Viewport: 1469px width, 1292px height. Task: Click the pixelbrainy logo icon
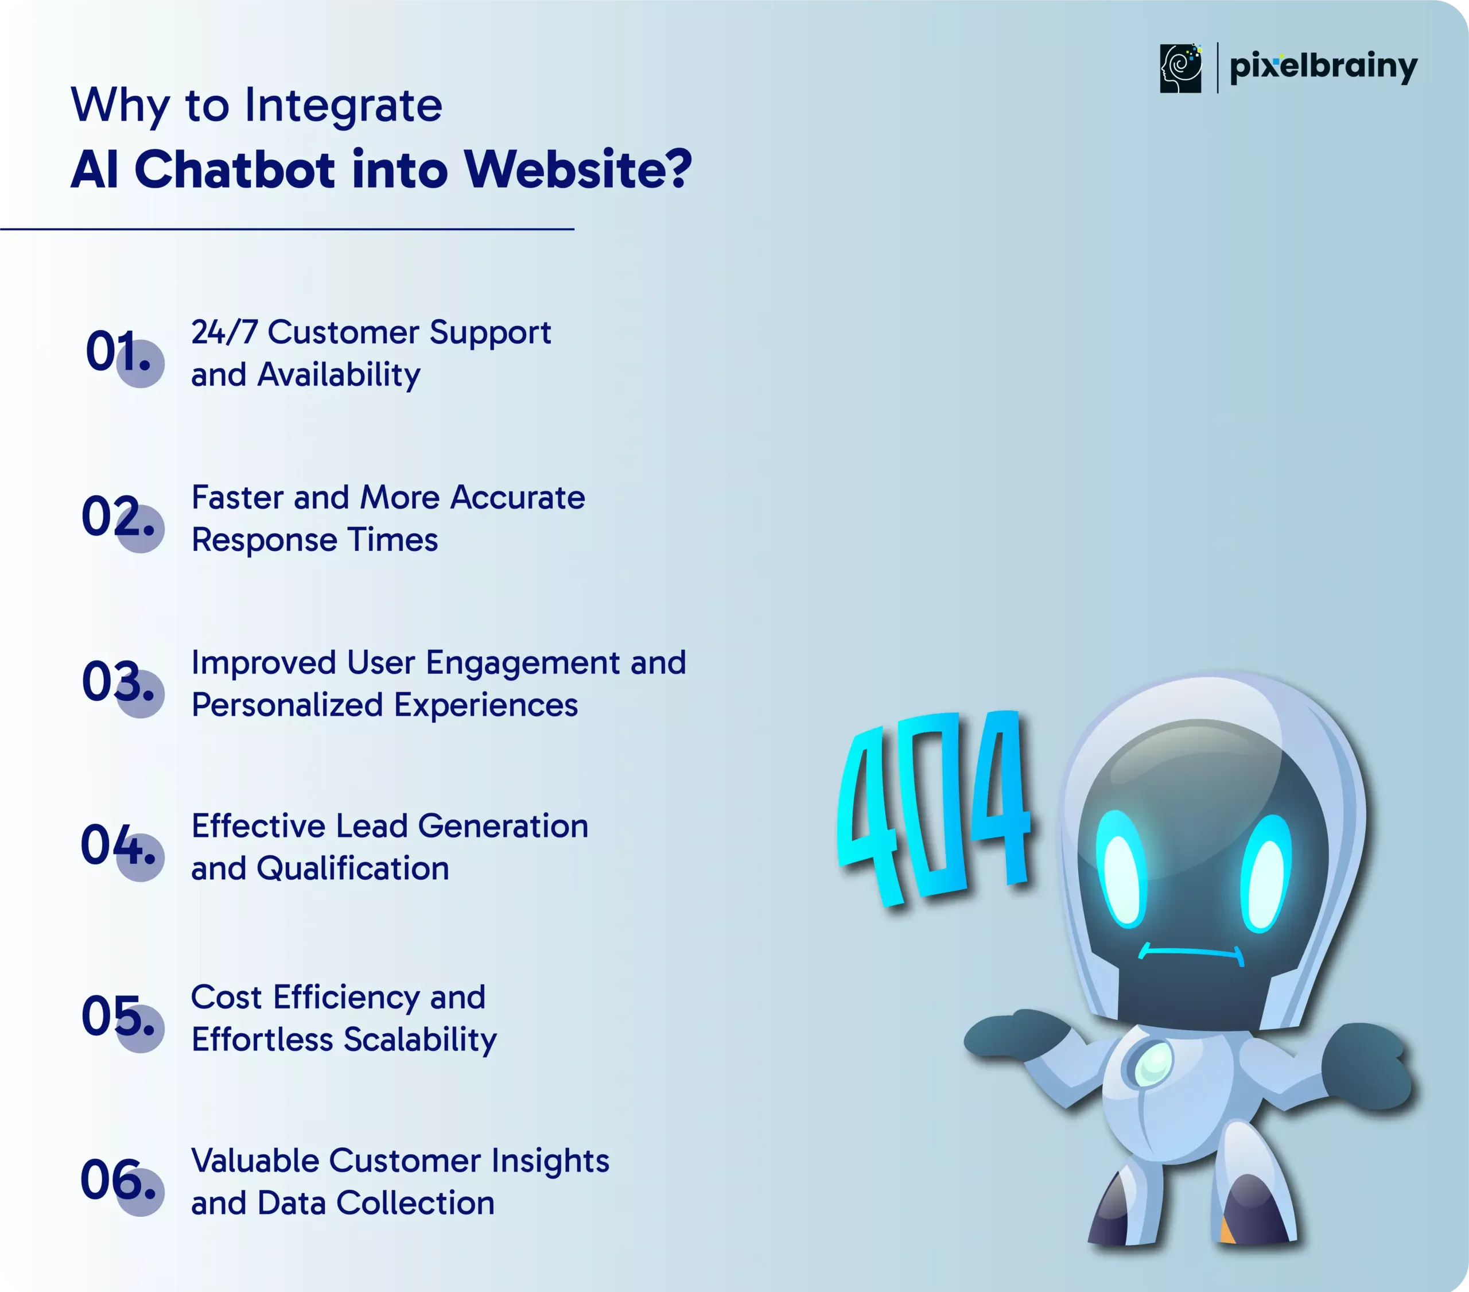coord(1180,68)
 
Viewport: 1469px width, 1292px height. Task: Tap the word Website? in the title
coord(578,170)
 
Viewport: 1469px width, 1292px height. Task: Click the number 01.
coord(119,352)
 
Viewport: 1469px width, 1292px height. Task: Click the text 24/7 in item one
coord(224,332)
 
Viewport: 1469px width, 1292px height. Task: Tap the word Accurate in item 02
coord(518,498)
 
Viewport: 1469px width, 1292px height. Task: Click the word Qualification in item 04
coord(353,868)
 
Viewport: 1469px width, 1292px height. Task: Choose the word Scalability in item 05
coord(421,1041)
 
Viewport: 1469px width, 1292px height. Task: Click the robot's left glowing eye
coord(1122,870)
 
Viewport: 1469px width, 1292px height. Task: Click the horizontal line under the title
coord(287,228)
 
